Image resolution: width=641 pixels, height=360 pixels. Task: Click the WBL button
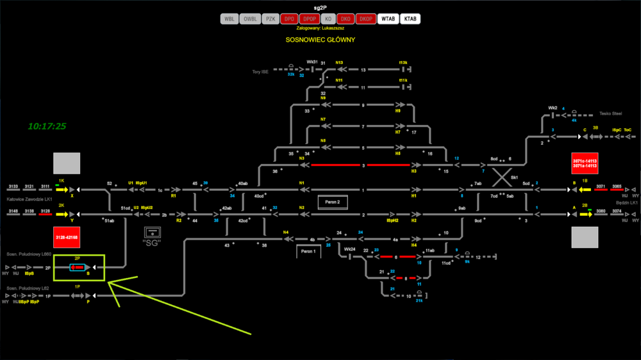[229, 19]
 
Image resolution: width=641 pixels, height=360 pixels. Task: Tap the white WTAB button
[388, 19]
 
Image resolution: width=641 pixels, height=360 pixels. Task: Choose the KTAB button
[410, 19]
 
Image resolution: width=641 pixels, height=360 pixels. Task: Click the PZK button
[271, 19]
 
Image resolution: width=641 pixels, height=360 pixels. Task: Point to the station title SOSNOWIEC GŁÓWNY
[320, 40]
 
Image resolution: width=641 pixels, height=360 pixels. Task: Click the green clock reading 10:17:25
[47, 126]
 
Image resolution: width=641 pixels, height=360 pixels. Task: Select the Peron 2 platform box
[333, 202]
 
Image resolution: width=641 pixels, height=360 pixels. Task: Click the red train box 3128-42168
[67, 238]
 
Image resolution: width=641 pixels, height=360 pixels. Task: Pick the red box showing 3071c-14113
[585, 163]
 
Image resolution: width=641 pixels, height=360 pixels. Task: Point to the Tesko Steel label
[610, 113]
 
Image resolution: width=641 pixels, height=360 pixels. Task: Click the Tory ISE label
[260, 72]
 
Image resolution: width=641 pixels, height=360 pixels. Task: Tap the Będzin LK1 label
[626, 202]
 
